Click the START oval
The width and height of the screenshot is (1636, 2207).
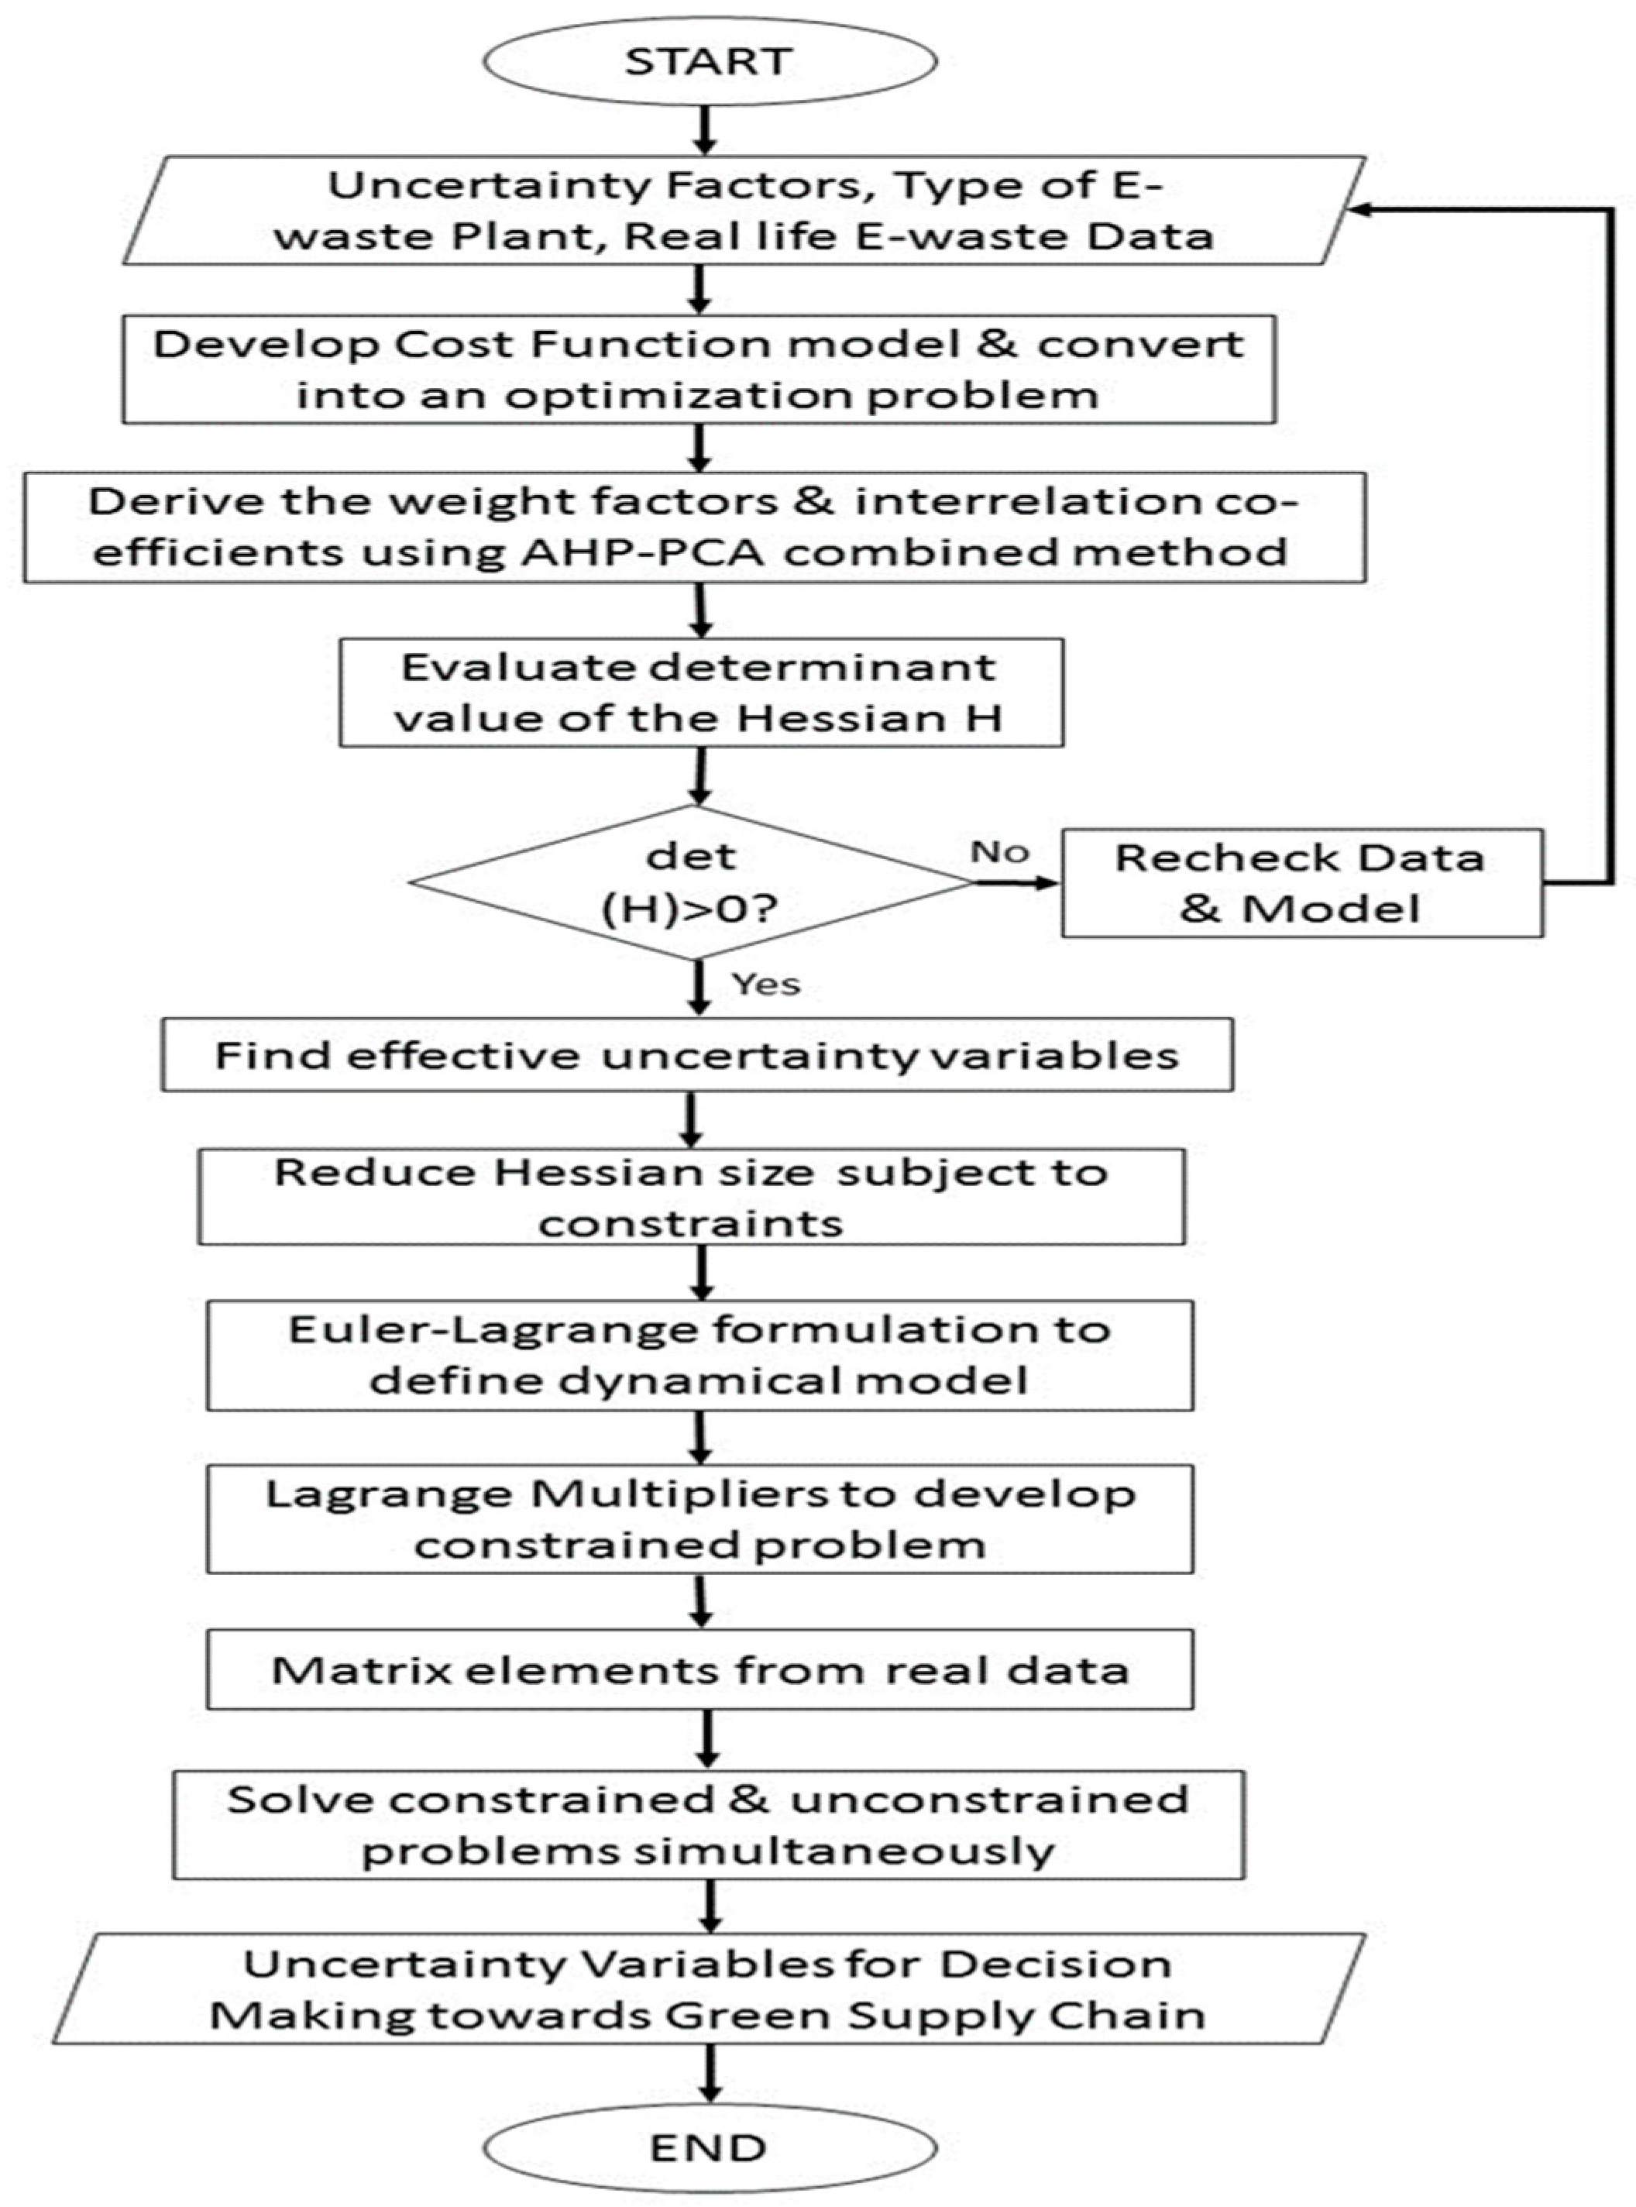tap(709, 61)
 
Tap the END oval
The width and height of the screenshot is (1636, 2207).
tap(709, 2147)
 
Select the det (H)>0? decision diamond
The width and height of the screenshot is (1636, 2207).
tap(693, 882)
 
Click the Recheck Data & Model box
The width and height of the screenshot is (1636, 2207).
tap(1301, 882)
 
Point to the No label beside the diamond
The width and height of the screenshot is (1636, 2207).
tap(1000, 851)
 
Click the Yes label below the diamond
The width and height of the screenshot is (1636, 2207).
tap(765, 984)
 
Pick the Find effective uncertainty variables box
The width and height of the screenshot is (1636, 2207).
tap(697, 1056)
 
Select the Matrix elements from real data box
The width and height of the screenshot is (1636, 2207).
tap(699, 1670)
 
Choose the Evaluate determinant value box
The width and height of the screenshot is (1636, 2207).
tap(700, 692)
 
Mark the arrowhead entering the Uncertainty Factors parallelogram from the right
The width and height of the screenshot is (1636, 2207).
tap(1359, 209)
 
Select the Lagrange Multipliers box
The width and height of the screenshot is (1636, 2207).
tap(699, 1519)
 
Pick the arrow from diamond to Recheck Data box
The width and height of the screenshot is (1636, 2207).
tap(1015, 882)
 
